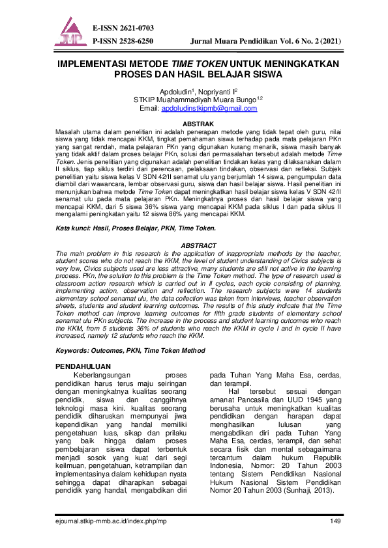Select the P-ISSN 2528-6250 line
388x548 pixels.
pyautogui.click(x=123, y=40)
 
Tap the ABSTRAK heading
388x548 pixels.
pyautogui.click(x=193, y=122)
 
